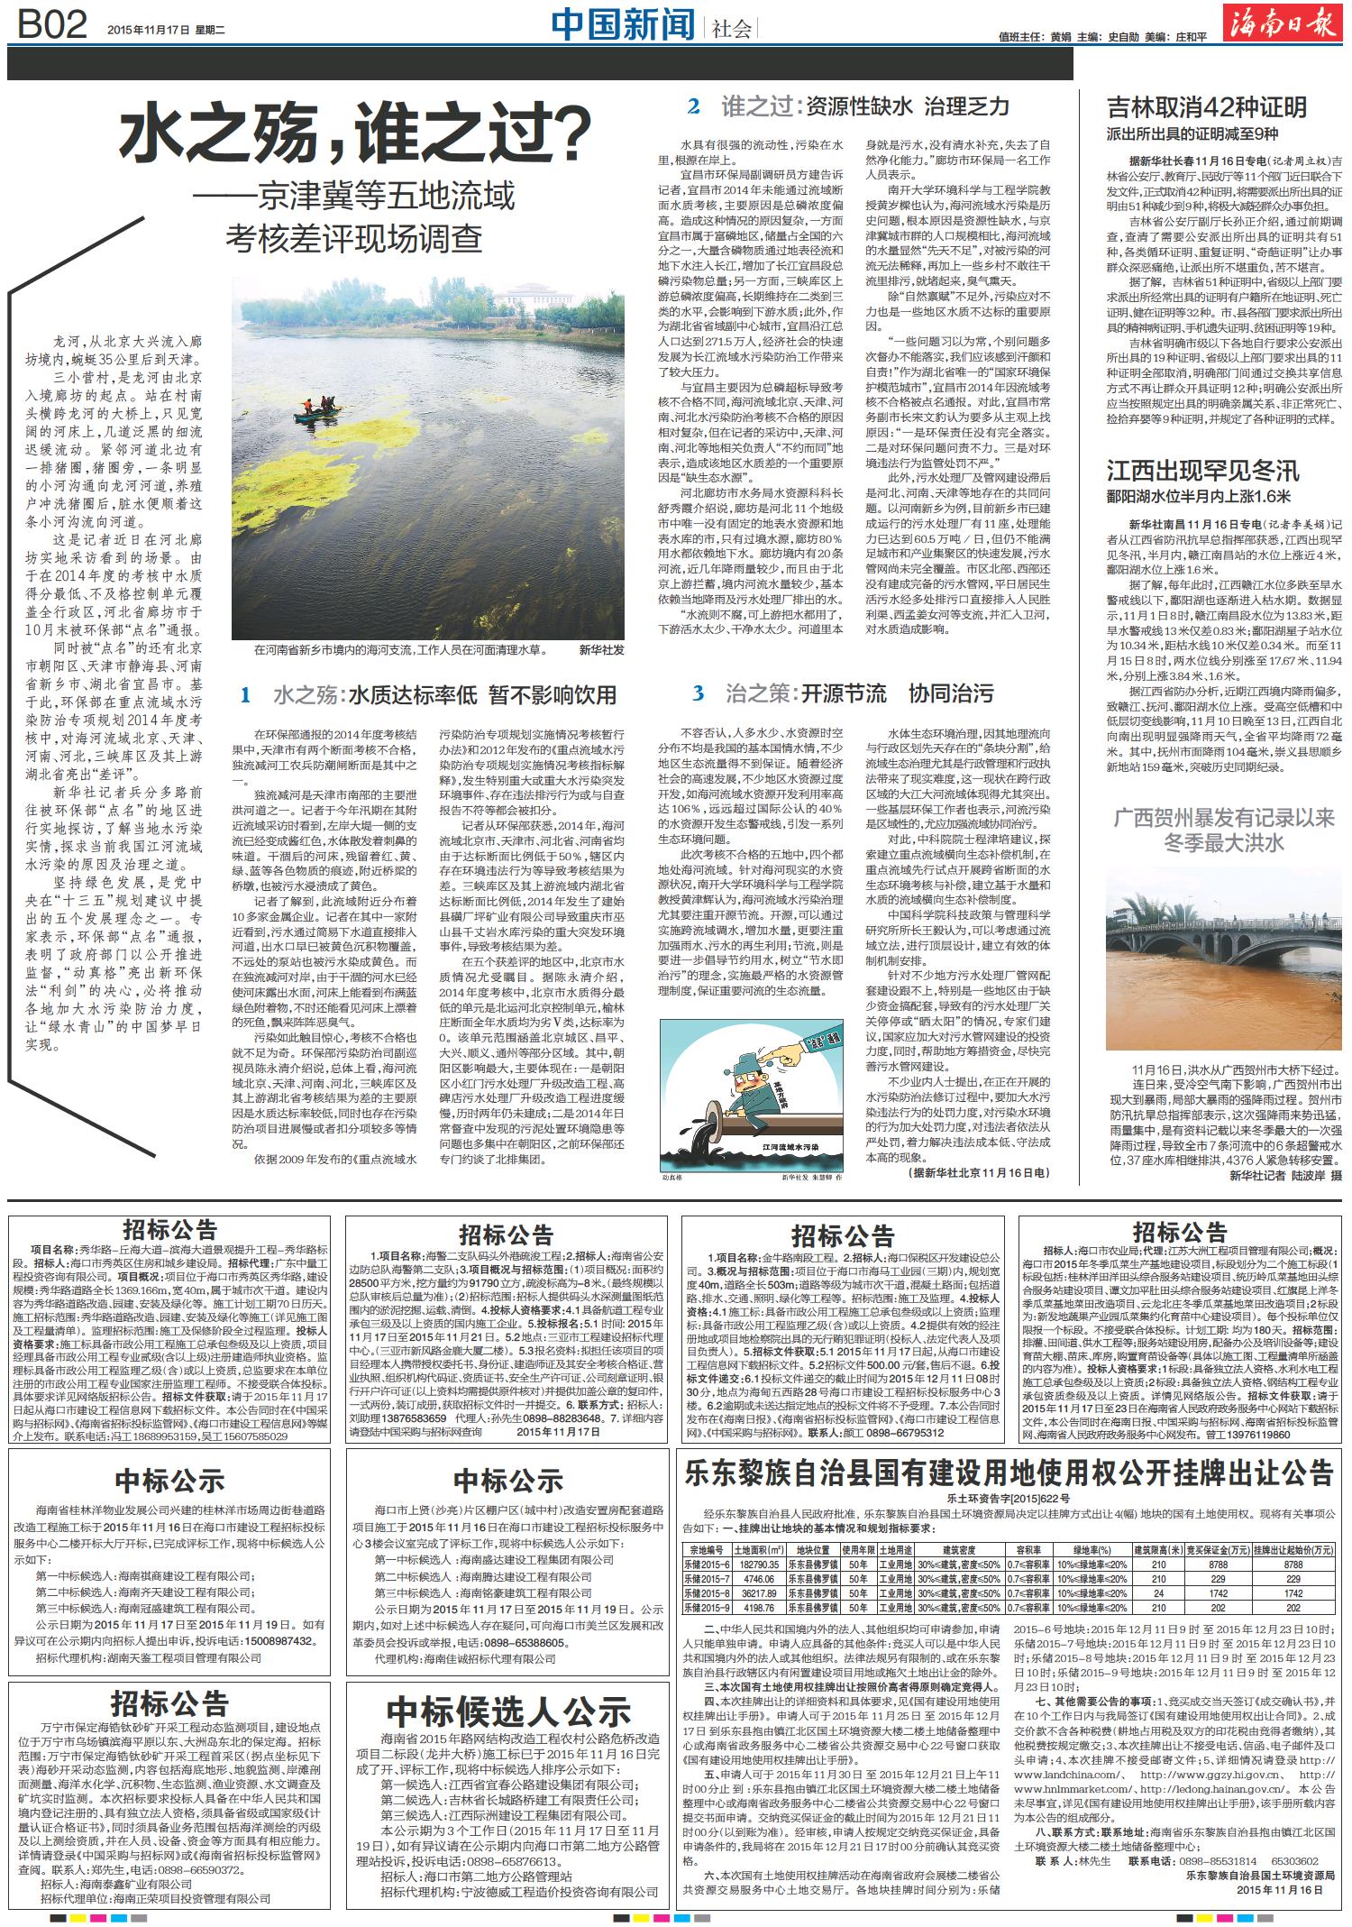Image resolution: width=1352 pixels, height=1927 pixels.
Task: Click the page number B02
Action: click(x=52, y=24)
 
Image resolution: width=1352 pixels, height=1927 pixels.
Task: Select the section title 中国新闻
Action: click(x=623, y=25)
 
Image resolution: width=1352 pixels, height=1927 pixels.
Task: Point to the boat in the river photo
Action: click(x=320, y=410)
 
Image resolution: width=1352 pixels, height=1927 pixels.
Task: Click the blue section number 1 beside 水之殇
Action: click(x=244, y=694)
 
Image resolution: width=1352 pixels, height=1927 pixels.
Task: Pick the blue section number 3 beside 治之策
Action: click(x=698, y=693)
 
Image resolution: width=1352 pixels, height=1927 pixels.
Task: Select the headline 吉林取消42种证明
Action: click(x=1206, y=107)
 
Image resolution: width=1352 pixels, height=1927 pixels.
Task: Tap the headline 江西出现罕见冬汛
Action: click(x=1202, y=470)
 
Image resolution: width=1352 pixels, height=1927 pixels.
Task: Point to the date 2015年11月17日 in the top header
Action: click(x=150, y=29)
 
